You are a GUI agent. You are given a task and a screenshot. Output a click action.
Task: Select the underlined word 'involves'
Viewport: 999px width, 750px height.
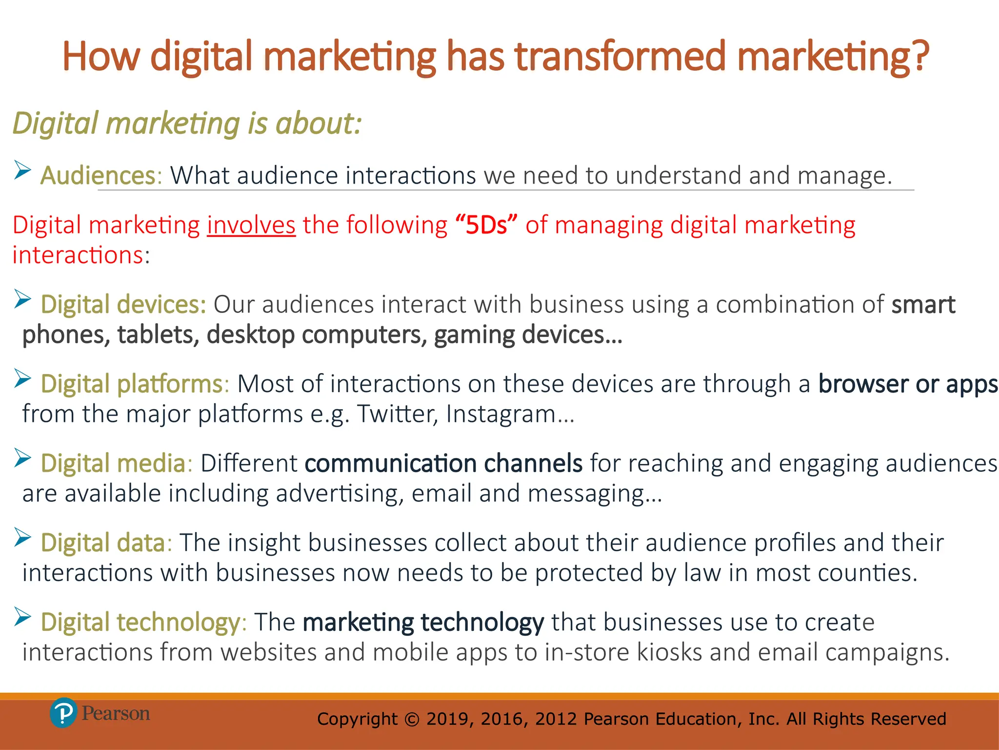click(x=251, y=226)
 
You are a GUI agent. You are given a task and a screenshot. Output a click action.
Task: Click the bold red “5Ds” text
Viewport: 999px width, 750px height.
click(x=486, y=226)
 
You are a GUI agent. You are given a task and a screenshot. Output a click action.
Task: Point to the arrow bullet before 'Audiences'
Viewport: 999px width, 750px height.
click(x=22, y=170)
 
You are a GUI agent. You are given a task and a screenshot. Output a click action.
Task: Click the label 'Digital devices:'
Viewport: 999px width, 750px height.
click(x=123, y=305)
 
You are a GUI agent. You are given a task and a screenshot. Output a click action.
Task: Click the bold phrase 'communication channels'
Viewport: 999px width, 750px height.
click(x=443, y=463)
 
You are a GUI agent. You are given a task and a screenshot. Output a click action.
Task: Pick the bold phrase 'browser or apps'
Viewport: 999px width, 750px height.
click(x=908, y=384)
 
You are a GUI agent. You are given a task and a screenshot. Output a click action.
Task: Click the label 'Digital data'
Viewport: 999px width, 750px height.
click(x=103, y=543)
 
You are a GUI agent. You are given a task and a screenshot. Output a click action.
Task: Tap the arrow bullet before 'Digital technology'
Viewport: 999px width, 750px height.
click(x=22, y=617)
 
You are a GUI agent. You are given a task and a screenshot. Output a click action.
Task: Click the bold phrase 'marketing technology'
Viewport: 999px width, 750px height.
click(x=423, y=623)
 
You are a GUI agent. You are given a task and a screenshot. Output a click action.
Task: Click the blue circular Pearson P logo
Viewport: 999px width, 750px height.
click(x=63, y=713)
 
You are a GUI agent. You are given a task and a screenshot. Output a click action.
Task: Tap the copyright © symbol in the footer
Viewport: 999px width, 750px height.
click(x=412, y=719)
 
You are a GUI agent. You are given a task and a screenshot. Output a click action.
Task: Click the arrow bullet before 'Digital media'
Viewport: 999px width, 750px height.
click(x=22, y=458)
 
